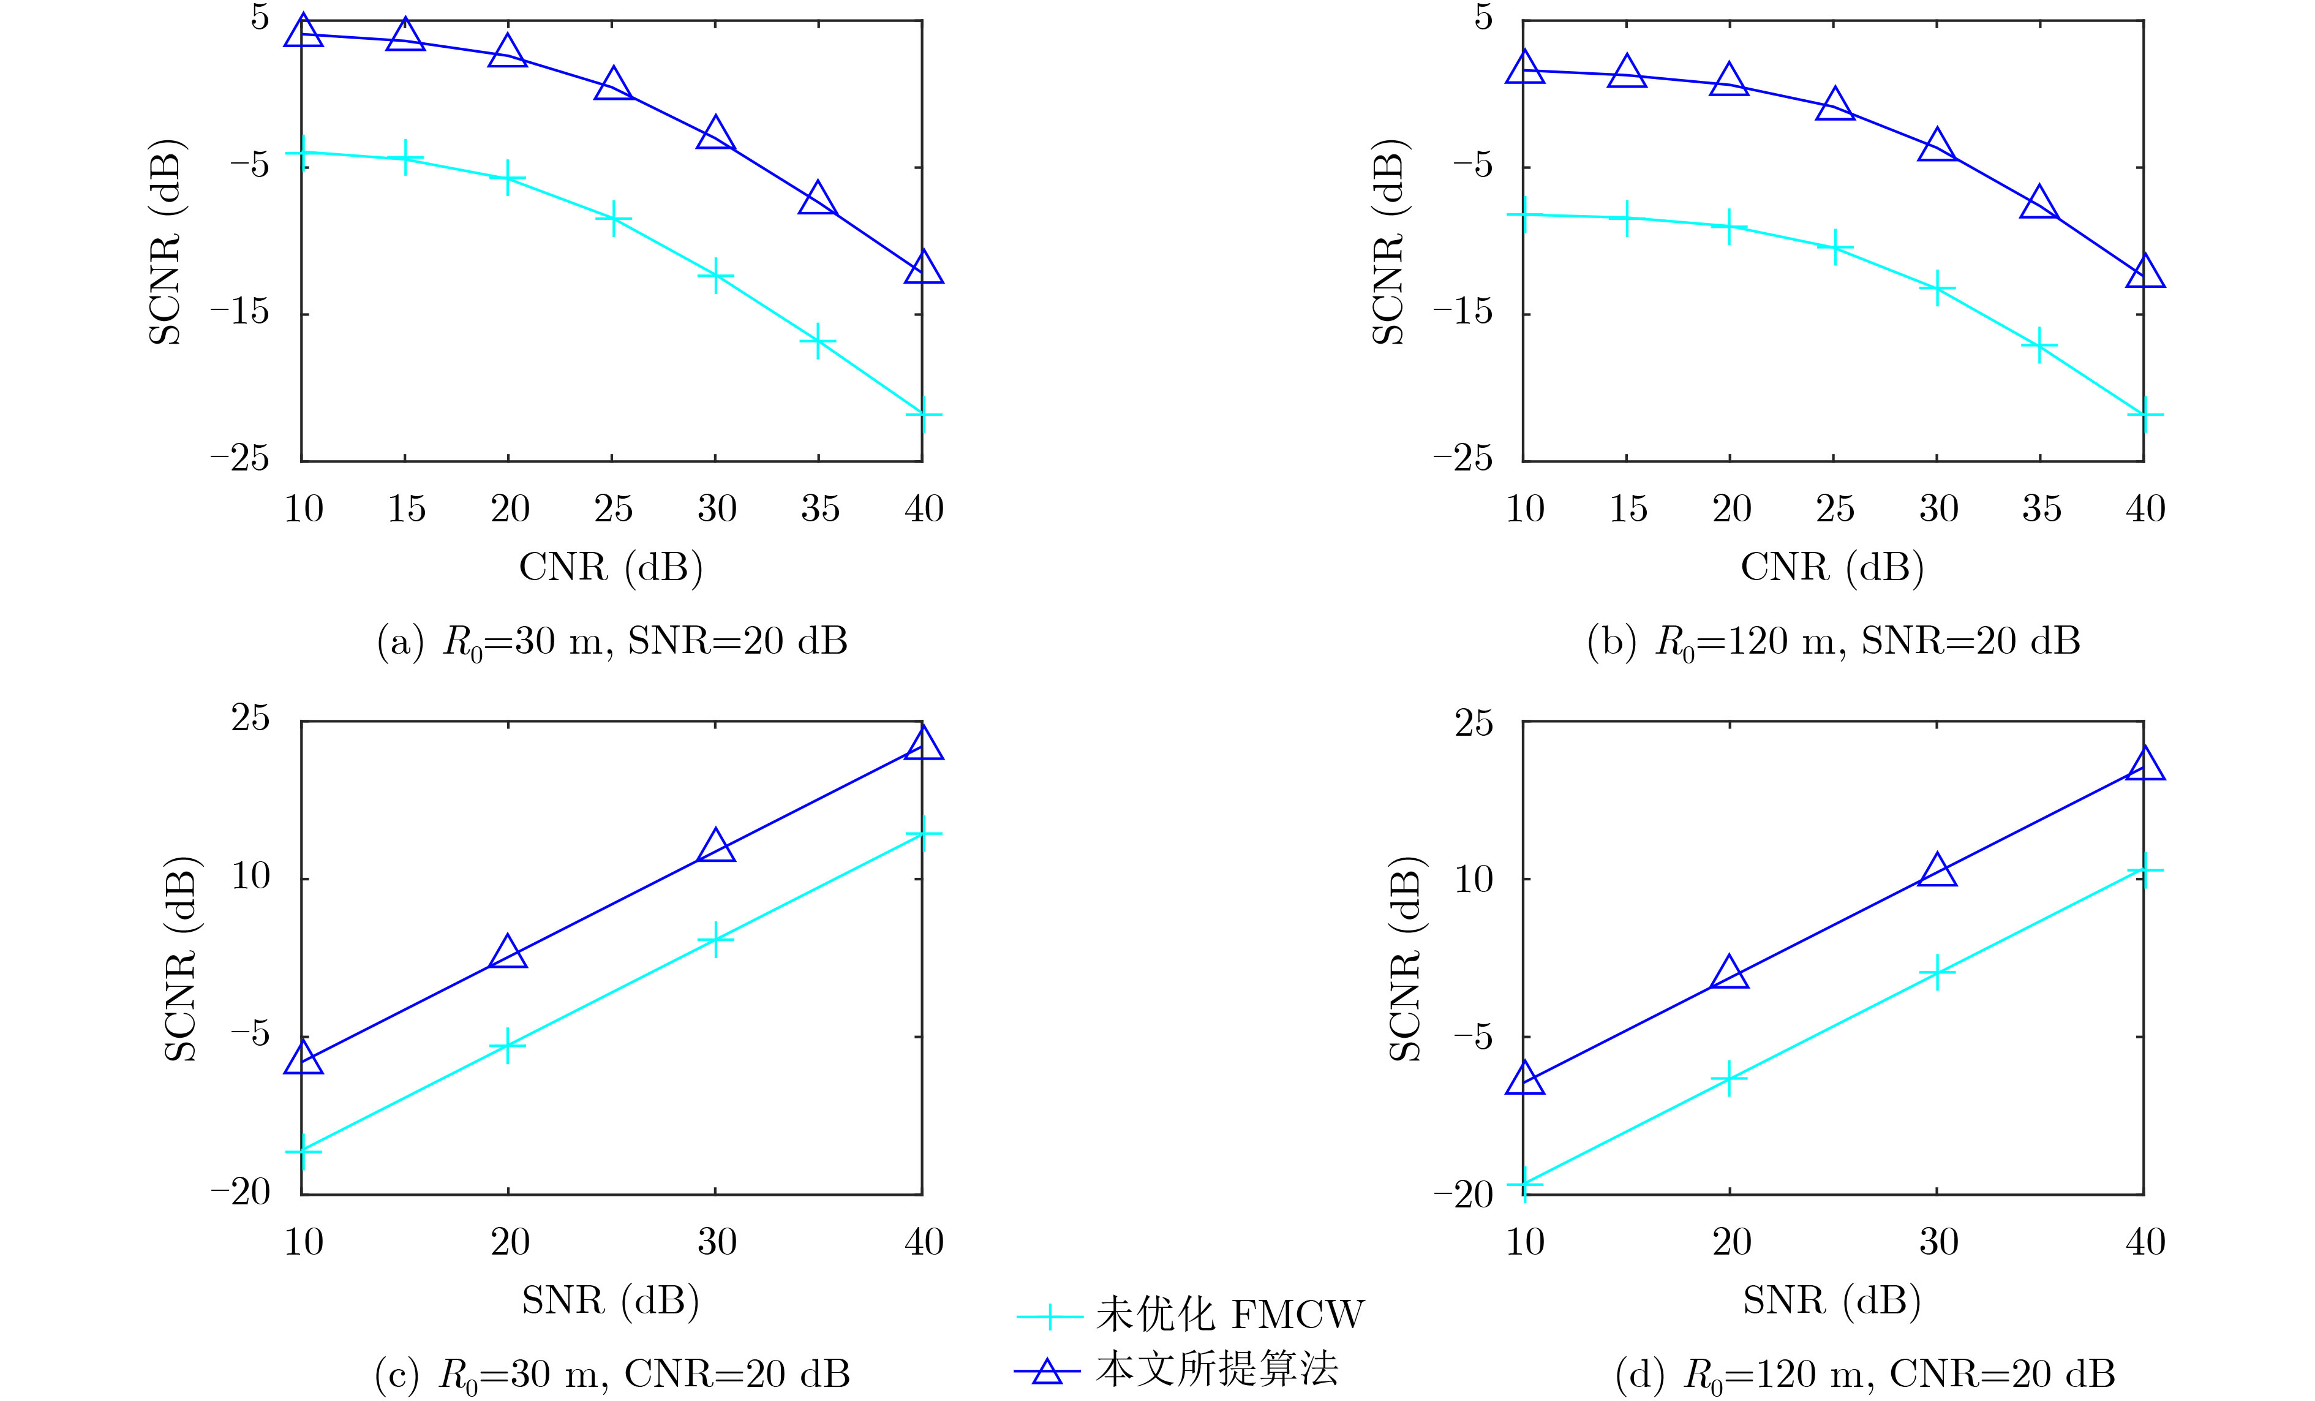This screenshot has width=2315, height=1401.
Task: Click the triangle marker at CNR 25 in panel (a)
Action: click(x=612, y=85)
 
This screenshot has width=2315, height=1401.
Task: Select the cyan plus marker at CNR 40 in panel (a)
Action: click(x=922, y=414)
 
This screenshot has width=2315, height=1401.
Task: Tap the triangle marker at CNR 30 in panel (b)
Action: click(x=1937, y=146)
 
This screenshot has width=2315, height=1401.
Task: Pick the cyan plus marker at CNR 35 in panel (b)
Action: click(x=2040, y=347)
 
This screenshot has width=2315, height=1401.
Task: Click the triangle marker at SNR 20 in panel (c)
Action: click(x=508, y=953)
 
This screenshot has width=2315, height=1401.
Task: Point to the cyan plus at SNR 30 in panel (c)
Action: click(x=715, y=938)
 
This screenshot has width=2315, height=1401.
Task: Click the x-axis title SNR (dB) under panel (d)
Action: click(x=1832, y=1301)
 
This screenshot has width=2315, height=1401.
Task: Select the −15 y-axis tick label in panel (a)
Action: click(x=239, y=312)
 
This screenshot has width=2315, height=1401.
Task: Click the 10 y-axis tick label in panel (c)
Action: click(x=250, y=877)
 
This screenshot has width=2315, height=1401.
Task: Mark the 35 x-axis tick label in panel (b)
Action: click(x=2041, y=509)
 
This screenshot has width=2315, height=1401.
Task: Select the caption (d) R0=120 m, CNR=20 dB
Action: click(x=1865, y=1375)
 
